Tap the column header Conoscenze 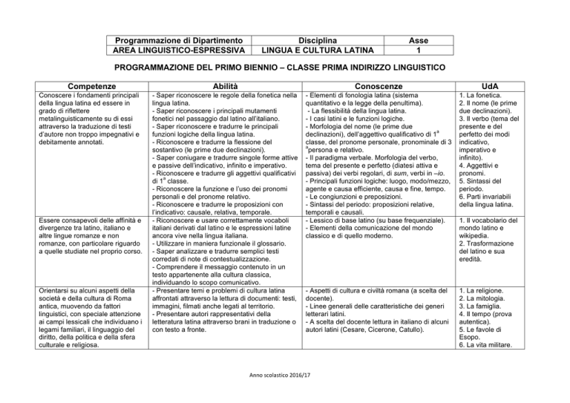click(379, 86)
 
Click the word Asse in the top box click(420, 39)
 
